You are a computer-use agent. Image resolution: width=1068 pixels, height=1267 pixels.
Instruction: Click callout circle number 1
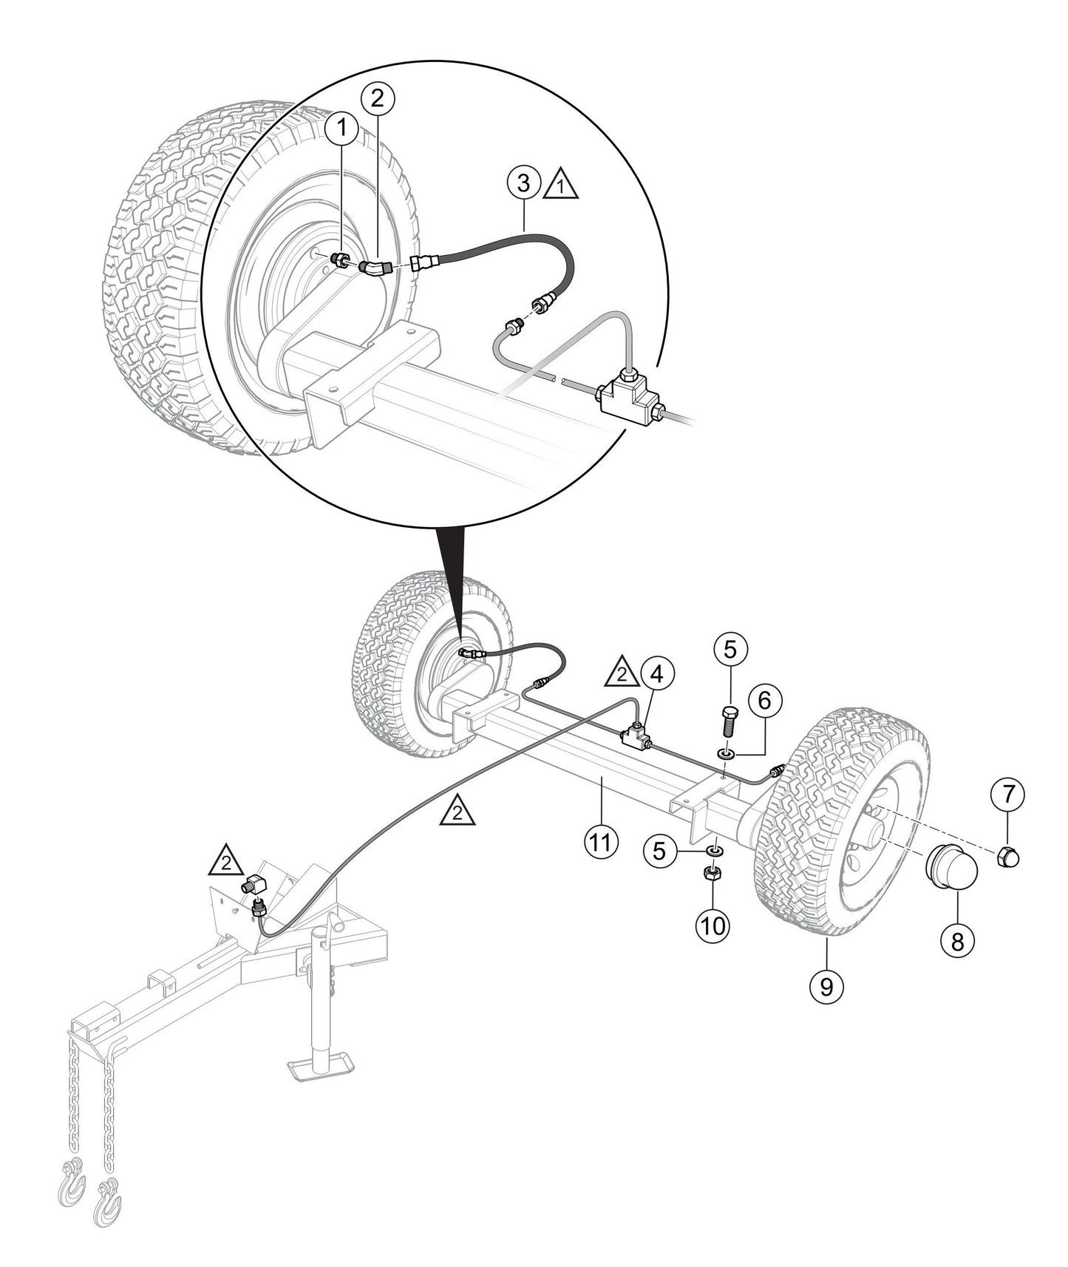click(341, 128)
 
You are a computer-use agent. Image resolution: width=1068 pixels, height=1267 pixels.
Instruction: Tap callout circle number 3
click(523, 181)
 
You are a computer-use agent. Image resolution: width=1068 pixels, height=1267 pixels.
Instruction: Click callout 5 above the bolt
click(730, 650)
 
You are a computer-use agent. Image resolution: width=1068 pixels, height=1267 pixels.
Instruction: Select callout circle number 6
click(765, 699)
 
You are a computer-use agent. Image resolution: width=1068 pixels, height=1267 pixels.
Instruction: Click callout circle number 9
click(826, 985)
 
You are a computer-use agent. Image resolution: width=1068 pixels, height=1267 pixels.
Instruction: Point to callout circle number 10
click(712, 925)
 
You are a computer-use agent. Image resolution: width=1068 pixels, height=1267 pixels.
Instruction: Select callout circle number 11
click(601, 842)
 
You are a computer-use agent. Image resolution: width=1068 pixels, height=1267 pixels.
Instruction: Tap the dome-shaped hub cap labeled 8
click(953, 872)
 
